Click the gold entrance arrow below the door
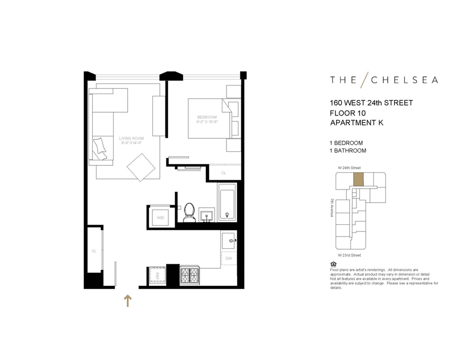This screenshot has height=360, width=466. tap(128, 300)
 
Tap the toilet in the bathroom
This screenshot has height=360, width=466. tap(189, 212)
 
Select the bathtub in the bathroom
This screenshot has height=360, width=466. tap(227, 203)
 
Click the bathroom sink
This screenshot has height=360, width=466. tap(206, 214)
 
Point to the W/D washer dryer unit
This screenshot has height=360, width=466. tap(160, 217)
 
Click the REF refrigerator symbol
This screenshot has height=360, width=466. tap(158, 275)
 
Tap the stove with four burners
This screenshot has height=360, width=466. tap(190, 275)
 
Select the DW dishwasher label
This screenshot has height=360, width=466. tap(228, 258)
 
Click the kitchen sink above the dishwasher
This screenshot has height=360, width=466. tap(229, 240)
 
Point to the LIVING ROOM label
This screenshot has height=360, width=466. tap(131, 138)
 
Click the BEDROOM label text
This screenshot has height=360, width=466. tap(207, 117)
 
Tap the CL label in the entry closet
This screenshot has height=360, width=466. tap(94, 251)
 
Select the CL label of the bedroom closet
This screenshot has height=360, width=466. tap(224, 173)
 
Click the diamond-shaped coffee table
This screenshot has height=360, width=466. tap(141, 167)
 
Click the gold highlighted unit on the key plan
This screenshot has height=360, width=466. tap(358, 179)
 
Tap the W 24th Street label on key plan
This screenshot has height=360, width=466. tap(349, 168)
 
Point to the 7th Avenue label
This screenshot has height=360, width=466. tap(332, 208)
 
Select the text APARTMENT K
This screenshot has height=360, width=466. tap(356, 122)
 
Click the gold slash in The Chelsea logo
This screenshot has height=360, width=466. tap(364, 80)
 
